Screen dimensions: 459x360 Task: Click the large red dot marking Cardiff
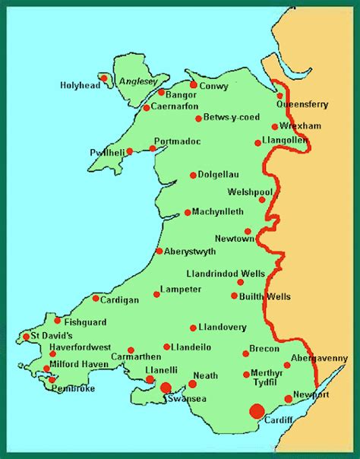(x=257, y=411)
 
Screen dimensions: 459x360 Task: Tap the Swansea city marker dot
(x=166, y=388)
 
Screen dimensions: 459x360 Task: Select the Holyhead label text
(x=79, y=85)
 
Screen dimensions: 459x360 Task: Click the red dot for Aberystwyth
(x=159, y=251)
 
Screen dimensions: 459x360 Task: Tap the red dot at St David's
(x=26, y=336)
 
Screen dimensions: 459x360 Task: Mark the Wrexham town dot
(x=275, y=127)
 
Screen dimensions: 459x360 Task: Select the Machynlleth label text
(x=219, y=212)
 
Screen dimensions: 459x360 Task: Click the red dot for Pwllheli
(x=130, y=151)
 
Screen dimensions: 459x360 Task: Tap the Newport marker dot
(x=288, y=398)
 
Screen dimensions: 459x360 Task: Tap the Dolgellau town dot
(x=194, y=175)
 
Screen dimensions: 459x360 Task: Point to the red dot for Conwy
(x=194, y=85)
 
